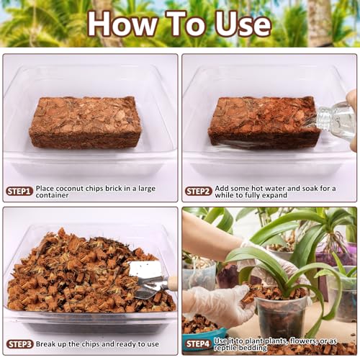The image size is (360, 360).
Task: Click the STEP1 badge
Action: pyautogui.click(x=19, y=192)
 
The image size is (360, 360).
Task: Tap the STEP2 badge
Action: pyautogui.click(x=199, y=192)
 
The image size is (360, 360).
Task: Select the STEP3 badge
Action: pyautogui.click(x=19, y=344)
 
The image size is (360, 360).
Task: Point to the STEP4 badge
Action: pyautogui.click(x=199, y=343)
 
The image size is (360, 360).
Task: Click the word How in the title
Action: pyautogui.click(x=123, y=24)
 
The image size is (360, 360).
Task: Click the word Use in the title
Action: pyautogui.click(x=243, y=24)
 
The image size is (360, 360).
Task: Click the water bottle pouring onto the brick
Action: pyautogui.click(x=336, y=120)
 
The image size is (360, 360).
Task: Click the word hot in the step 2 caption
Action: pyautogui.click(x=256, y=188)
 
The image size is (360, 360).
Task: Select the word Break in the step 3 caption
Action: pyautogui.click(x=46, y=344)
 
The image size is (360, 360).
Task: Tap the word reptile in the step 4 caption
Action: pyautogui.click(x=225, y=348)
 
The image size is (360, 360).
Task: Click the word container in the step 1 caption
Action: pyautogui.click(x=52, y=195)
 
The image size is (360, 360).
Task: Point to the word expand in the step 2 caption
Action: pyautogui.click(x=275, y=195)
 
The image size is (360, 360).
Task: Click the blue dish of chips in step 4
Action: pyautogui.click(x=204, y=333)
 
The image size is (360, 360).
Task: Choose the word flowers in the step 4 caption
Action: pyautogui.click(x=305, y=341)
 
